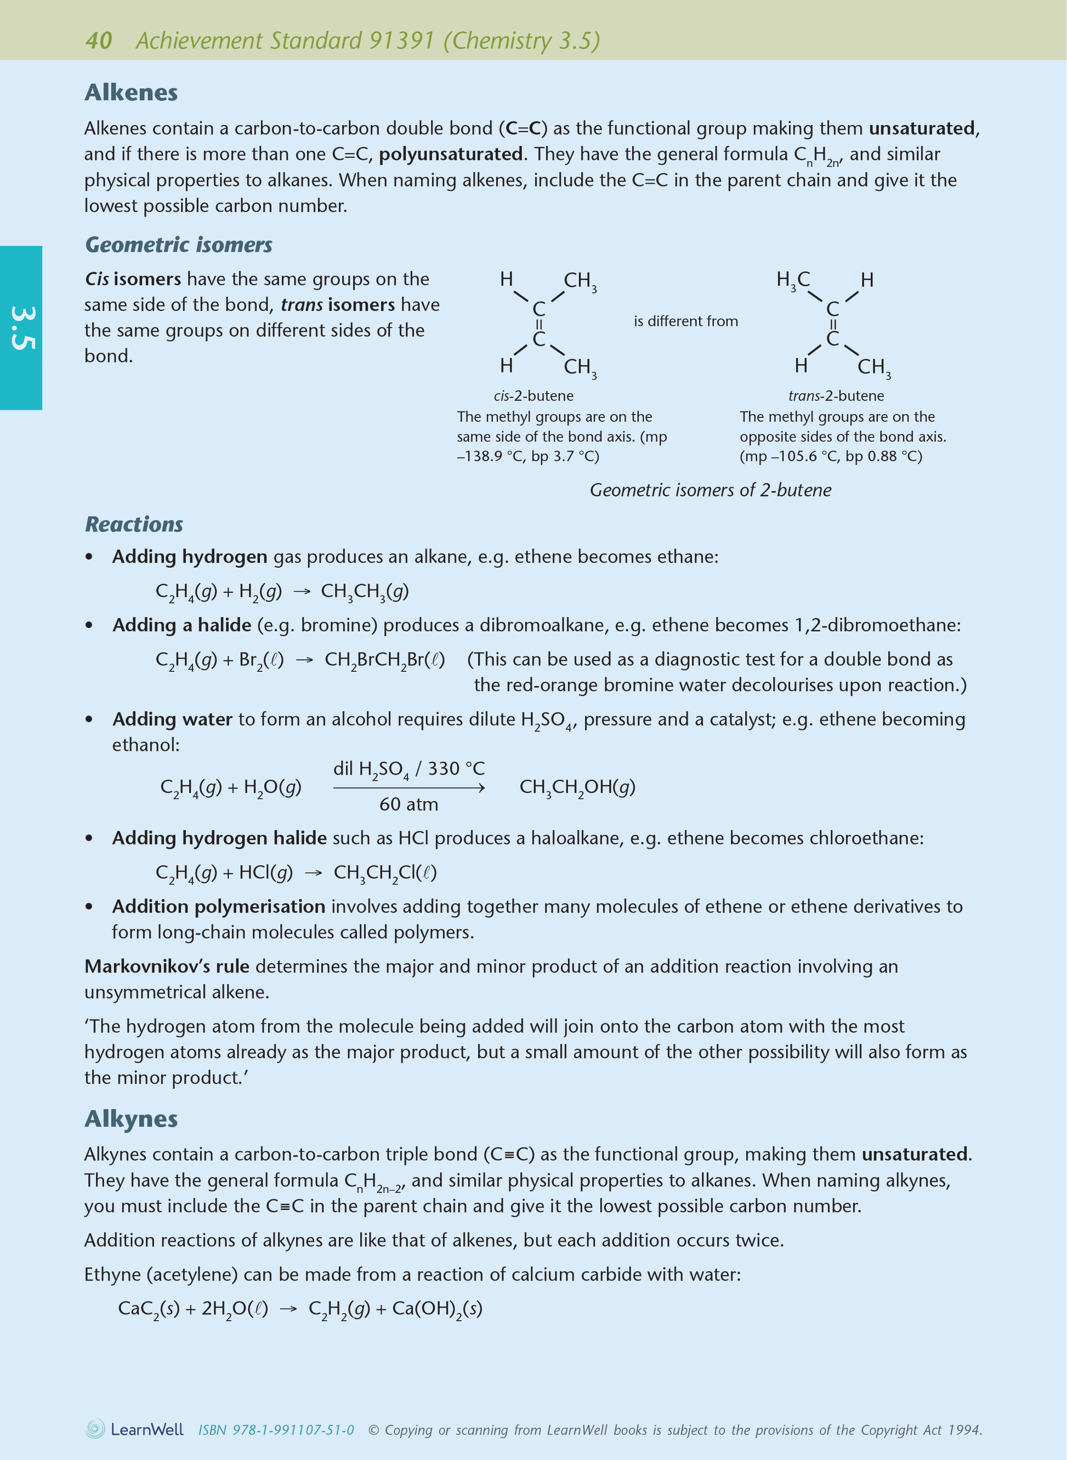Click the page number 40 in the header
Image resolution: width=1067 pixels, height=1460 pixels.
coord(98,41)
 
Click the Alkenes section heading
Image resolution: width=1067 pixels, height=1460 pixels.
coord(131,92)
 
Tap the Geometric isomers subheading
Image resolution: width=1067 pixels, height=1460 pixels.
coord(179,245)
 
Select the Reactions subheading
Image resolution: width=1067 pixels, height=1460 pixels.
coord(134,524)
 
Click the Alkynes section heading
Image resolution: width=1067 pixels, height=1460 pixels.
coord(131,1118)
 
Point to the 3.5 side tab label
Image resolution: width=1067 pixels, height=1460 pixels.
coord(21,328)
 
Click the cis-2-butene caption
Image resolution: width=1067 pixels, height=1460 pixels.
coord(533,395)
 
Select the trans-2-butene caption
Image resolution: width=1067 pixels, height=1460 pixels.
coord(836,395)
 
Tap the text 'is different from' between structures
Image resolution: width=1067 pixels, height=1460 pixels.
coord(685,321)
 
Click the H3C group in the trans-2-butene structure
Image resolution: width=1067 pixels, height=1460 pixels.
coord(793,280)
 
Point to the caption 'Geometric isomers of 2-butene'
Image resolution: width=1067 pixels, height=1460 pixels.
coord(711,490)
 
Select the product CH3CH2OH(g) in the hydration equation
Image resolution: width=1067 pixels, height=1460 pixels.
coord(577,787)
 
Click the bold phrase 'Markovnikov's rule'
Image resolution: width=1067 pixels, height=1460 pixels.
coord(167,966)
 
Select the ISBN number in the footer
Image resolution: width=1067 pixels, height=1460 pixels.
coord(276,1430)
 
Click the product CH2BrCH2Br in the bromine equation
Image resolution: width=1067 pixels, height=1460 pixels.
coord(384,660)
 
